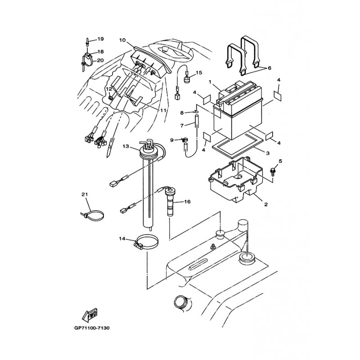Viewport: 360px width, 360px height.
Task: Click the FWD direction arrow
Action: click(x=90, y=315)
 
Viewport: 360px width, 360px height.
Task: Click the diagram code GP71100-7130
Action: click(x=92, y=328)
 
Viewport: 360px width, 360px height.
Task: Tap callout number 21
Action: click(x=85, y=195)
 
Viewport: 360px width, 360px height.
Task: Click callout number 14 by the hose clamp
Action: click(x=122, y=239)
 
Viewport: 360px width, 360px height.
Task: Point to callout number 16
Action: click(x=187, y=202)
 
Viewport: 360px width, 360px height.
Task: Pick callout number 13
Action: click(x=126, y=147)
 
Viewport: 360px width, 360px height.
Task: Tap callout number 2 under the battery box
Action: click(x=266, y=204)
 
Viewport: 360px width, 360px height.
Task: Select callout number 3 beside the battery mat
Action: click(x=267, y=153)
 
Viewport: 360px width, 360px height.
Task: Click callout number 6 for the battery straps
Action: click(x=269, y=68)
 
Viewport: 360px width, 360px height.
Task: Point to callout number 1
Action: click(x=210, y=82)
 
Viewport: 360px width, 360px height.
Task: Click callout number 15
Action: click(x=199, y=72)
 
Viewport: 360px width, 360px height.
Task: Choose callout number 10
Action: click(x=122, y=40)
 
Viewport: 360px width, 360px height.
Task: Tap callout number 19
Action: click(x=100, y=39)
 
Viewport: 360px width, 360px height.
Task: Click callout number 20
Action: click(x=100, y=60)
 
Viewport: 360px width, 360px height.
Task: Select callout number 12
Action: click(x=108, y=89)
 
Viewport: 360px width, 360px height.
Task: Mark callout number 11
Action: click(x=163, y=110)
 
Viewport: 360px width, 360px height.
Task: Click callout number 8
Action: click(x=182, y=113)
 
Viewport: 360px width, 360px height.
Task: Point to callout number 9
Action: click(x=172, y=140)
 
